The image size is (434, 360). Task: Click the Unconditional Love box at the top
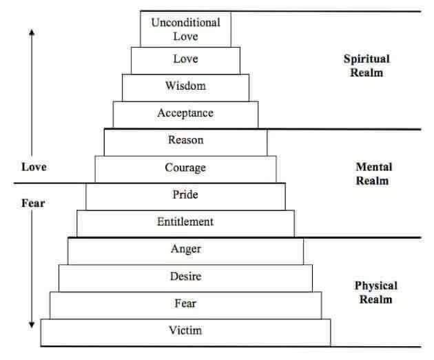[x=185, y=29]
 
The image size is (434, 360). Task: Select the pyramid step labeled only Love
[x=185, y=59]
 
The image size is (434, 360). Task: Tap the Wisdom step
[x=185, y=86]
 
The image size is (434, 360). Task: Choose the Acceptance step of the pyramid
[x=185, y=113]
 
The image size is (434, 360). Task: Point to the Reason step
[x=185, y=140]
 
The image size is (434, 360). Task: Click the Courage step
[x=185, y=168]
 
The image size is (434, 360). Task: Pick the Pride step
[x=185, y=194]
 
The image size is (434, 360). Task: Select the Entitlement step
[x=185, y=222]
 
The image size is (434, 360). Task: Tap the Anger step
[x=185, y=249]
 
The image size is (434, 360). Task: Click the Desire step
[x=185, y=277]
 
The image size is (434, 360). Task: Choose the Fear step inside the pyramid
[x=185, y=303]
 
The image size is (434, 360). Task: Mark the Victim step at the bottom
[x=185, y=330]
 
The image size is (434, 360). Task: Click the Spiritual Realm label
[x=366, y=66]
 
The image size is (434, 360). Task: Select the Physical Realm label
[x=375, y=292]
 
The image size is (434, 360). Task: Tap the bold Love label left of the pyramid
[x=34, y=167]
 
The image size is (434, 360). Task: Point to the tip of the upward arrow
[x=32, y=30]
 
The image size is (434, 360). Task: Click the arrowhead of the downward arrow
[x=32, y=324]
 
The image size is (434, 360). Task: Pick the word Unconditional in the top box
[x=185, y=22]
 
